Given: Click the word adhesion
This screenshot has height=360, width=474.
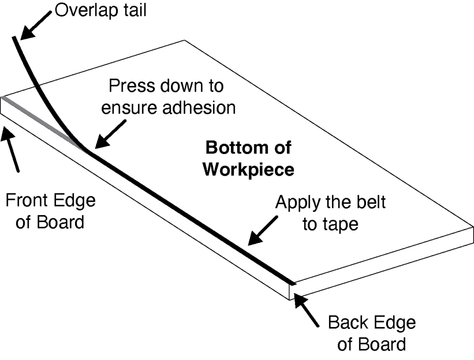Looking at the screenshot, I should pos(200,107).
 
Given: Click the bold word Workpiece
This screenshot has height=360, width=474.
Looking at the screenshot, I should pos(248,170).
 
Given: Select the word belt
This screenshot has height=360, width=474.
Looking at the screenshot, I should pos(372,203).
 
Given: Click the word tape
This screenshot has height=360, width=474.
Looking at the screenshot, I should pos(342,224).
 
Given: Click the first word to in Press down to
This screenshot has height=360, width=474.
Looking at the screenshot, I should pos(213,87).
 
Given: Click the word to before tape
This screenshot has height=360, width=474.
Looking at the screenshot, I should pos(311,225).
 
